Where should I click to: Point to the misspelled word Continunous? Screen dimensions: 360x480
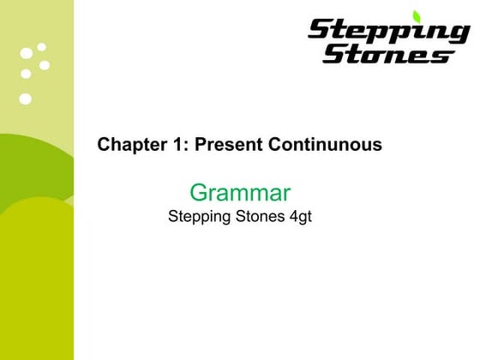(325, 145)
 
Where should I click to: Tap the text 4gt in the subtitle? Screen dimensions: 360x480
(300, 217)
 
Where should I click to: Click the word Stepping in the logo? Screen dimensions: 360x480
(387, 33)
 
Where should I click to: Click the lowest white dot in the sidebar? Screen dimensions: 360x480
(25, 99)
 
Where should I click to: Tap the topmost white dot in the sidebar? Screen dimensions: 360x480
(41, 46)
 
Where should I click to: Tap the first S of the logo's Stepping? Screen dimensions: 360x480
(319, 32)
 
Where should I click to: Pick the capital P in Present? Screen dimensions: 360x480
(201, 145)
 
